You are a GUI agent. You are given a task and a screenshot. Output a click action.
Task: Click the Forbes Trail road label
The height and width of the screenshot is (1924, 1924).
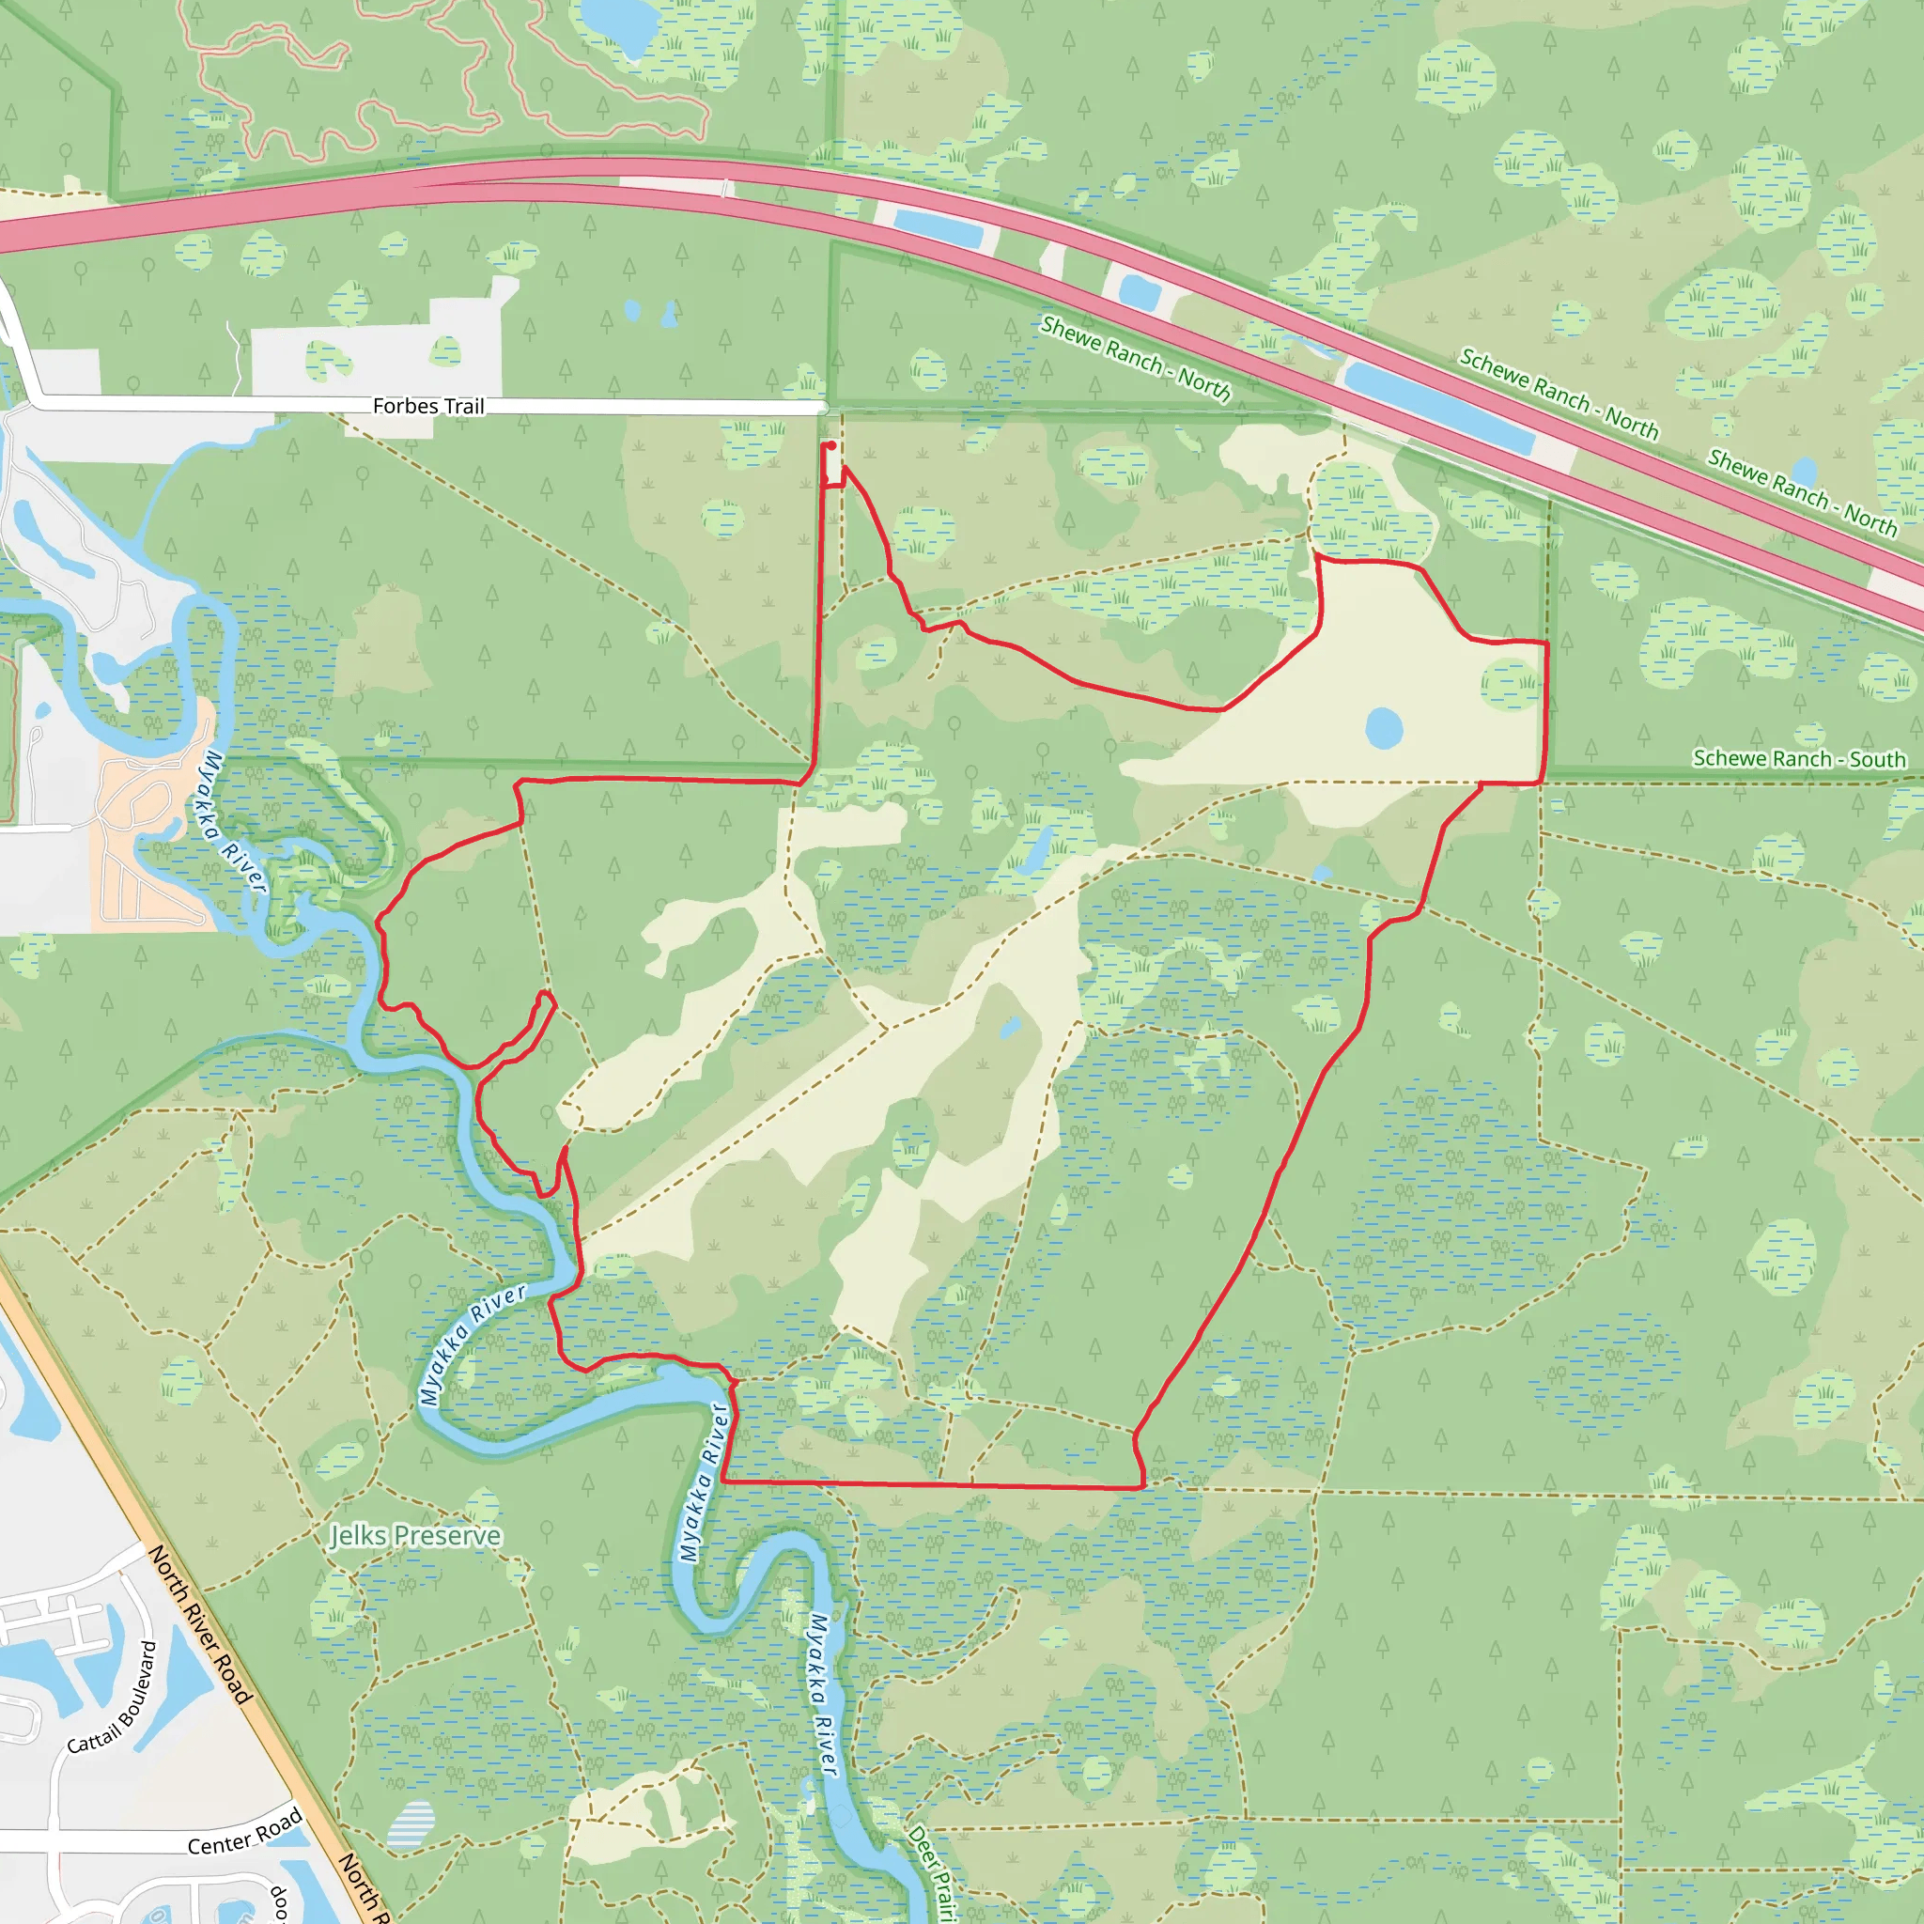tap(428, 406)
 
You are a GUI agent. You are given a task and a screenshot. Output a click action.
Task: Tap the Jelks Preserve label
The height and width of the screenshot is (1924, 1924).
tap(415, 1536)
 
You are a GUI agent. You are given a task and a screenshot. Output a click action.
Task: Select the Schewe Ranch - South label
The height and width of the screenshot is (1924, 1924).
tap(1799, 759)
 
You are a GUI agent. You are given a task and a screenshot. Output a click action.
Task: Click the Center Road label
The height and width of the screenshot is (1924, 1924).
tap(245, 1832)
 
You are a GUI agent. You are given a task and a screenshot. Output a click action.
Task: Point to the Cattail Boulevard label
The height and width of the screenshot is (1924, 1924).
tap(113, 1698)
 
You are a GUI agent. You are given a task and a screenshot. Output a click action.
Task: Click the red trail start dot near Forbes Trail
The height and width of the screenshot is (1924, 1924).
tap(830, 446)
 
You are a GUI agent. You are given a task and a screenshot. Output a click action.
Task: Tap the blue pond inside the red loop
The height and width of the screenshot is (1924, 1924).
tap(1383, 729)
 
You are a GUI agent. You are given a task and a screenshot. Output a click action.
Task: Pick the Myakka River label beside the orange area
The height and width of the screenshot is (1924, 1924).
tap(235, 823)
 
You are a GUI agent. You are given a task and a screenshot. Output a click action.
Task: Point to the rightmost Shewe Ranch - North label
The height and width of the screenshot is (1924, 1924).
tap(1803, 494)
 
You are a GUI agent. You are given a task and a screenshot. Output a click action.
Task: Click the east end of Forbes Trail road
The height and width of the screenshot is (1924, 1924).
tap(822, 409)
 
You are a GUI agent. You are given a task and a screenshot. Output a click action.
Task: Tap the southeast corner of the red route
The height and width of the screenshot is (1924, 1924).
tap(1142, 1488)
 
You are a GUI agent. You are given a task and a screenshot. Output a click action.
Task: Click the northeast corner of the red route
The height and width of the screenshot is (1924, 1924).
tap(1545, 644)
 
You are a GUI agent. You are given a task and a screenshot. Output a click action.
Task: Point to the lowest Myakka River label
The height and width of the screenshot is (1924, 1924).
tap(823, 1693)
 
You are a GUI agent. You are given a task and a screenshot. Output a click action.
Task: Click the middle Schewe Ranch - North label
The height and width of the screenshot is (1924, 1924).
tap(1559, 395)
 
